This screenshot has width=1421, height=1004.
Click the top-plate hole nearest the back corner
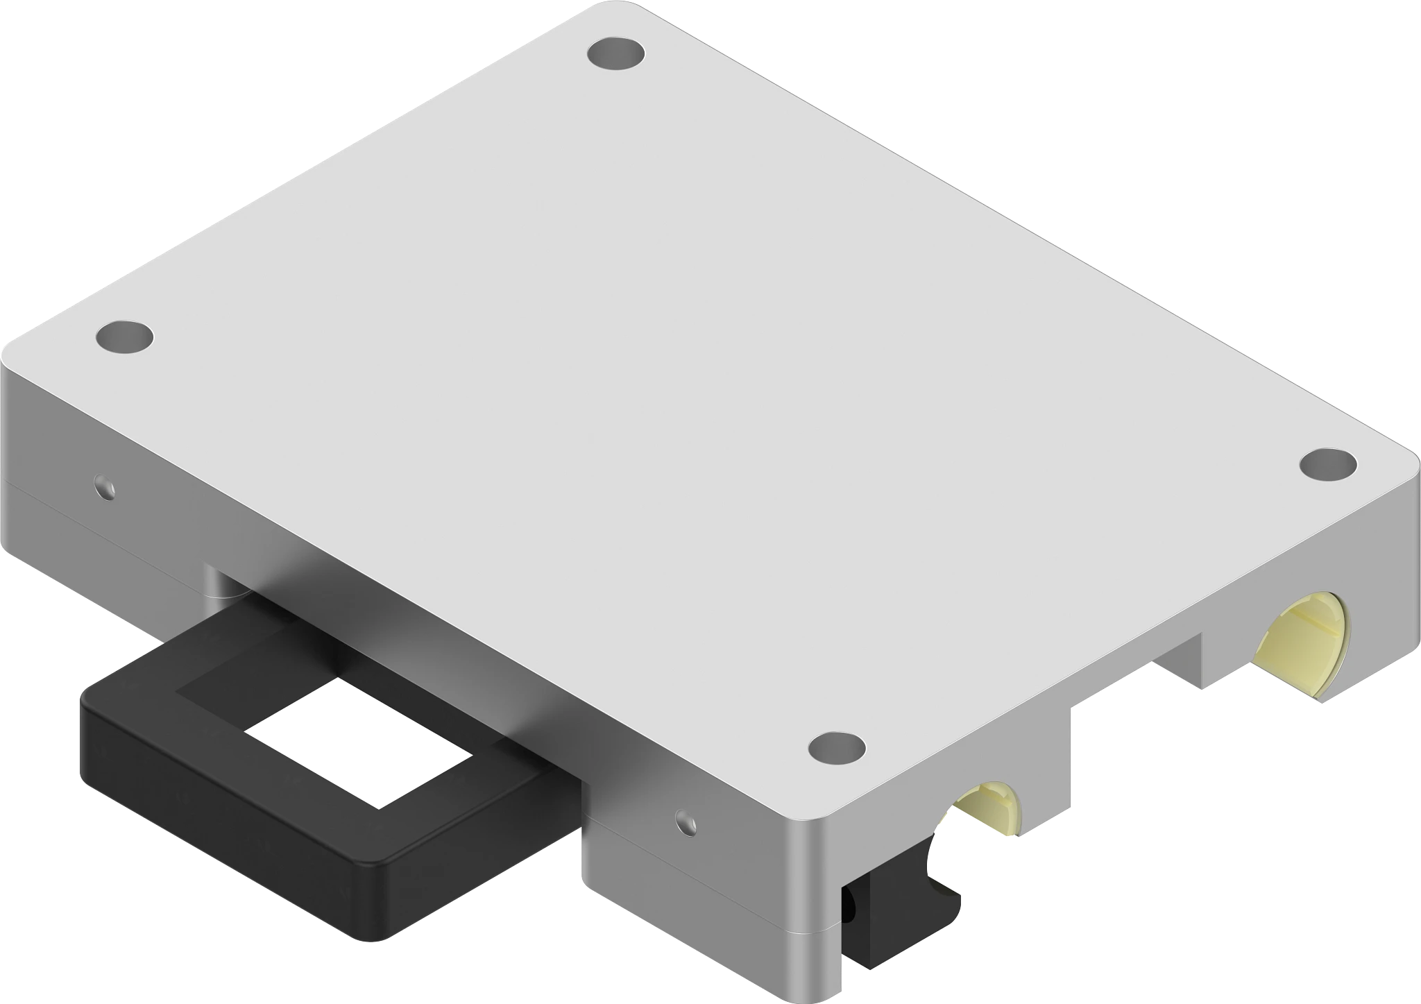tap(615, 54)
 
